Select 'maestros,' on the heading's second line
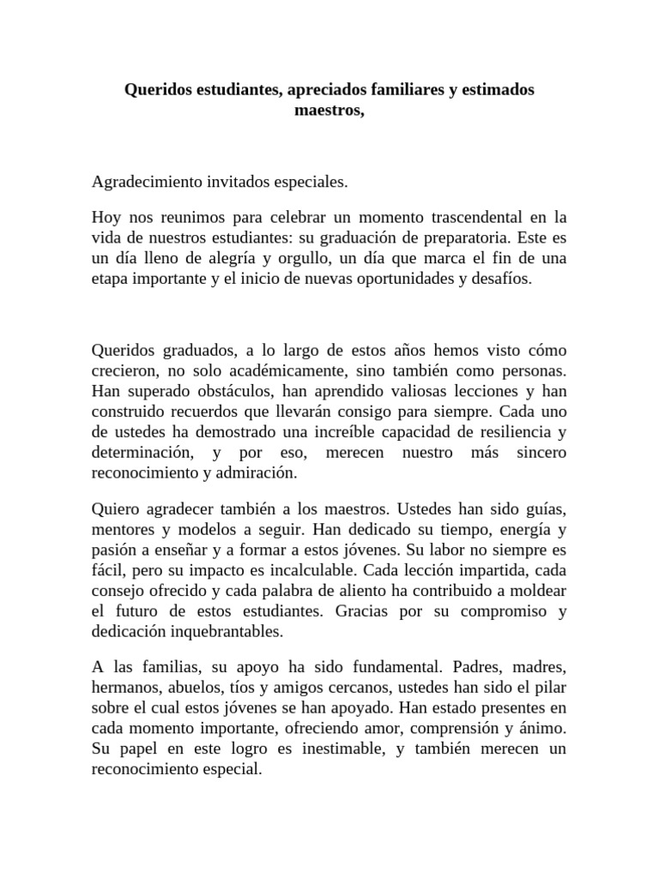tap(329, 110)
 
